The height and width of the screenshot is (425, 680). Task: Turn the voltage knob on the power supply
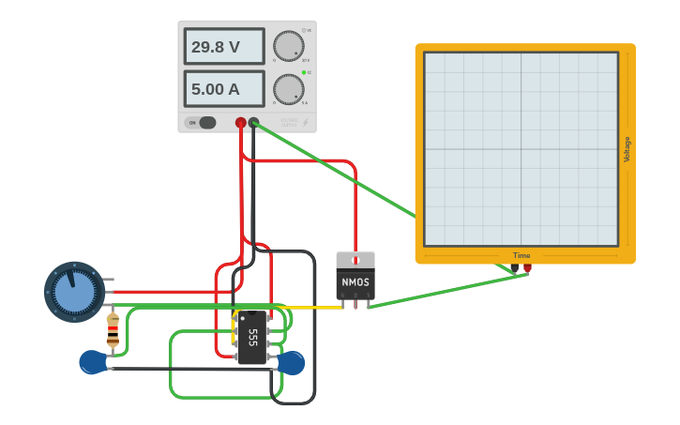coord(289,45)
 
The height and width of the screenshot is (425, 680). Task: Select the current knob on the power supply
coord(289,89)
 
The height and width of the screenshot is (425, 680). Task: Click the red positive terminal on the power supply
coord(241,123)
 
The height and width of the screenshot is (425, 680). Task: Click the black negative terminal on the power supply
coord(253,123)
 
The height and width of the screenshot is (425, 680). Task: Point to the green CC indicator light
coord(304,72)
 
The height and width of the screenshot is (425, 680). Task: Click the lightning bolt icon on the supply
coord(305,122)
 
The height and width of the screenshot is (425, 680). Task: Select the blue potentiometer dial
coord(74,292)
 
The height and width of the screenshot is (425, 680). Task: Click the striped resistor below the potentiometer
coord(113,331)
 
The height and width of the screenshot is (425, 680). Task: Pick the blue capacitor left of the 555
coord(93,361)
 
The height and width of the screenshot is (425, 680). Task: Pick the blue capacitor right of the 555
coord(292,362)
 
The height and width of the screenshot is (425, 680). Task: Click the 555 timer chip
coord(251,338)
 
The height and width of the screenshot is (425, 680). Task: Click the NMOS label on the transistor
coord(355,281)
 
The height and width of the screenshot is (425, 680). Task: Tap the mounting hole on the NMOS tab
coord(355,260)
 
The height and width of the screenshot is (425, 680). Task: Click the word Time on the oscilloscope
coord(521,255)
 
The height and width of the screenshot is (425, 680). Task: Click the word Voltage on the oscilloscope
coord(627,149)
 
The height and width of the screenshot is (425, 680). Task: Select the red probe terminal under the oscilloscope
coord(527,268)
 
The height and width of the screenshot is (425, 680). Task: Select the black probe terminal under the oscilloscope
coord(514,268)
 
